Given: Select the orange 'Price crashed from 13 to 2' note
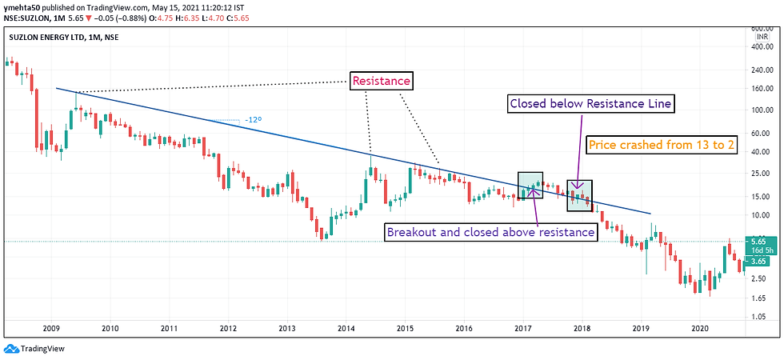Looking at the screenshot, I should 662,146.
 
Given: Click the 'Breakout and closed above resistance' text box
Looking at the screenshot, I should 490,233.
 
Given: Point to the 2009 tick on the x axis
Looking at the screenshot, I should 52,328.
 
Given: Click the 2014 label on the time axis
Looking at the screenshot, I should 346,328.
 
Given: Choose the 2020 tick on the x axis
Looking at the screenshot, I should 699,328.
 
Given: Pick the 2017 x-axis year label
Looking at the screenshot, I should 523,328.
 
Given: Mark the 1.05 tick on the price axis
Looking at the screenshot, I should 760,318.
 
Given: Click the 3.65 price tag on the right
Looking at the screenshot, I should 760,260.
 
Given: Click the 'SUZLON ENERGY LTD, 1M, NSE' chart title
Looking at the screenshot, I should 66,37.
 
